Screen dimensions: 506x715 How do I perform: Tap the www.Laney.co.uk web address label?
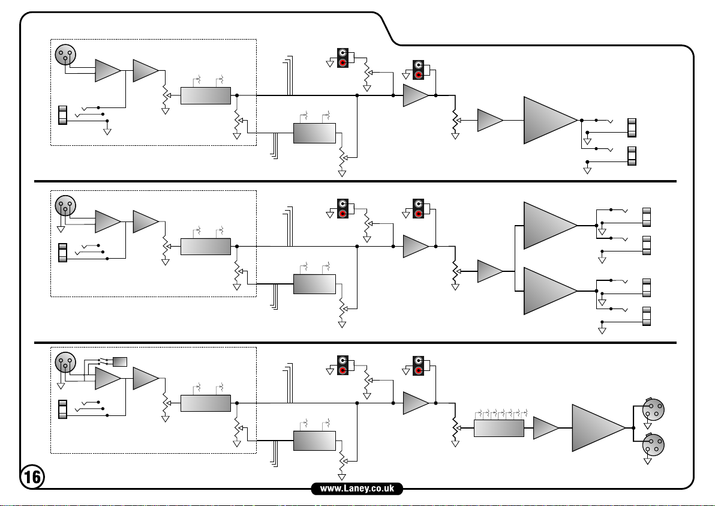[x=357, y=489]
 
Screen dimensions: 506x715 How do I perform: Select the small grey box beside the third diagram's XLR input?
[x=120, y=361]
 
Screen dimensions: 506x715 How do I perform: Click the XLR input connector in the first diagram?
[x=65, y=55]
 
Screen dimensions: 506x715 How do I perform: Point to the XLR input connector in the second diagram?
[x=65, y=206]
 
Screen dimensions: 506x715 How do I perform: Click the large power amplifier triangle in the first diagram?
[x=548, y=120]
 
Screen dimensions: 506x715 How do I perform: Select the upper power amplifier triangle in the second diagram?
[x=548, y=226]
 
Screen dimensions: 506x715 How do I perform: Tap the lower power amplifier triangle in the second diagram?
[x=548, y=291]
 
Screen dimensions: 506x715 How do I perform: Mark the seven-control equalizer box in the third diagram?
[x=498, y=428]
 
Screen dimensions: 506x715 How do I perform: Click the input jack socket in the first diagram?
[x=62, y=115]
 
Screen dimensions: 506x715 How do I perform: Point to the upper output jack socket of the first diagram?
[x=631, y=127]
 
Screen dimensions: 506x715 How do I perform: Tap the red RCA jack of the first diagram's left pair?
[x=343, y=63]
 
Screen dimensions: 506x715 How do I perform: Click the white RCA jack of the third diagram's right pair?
[x=419, y=360]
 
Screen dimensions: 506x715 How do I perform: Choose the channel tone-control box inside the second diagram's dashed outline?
[x=206, y=246]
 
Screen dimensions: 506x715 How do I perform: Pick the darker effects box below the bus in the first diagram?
[x=314, y=133]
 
